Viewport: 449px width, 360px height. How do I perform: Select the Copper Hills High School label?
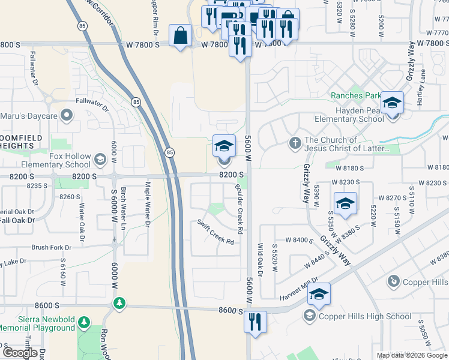pos(365,316)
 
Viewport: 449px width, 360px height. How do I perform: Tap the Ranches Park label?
pos(356,96)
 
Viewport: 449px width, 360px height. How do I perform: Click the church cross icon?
pos(295,143)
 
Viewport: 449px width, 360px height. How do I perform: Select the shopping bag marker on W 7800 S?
pos(180,35)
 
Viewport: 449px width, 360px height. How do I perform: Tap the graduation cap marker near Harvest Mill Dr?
pos(319,294)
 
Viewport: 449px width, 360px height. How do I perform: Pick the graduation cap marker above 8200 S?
pos(224,146)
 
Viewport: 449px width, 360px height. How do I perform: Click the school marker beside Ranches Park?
pos(392,103)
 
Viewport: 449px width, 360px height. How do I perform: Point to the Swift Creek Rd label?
pos(215,232)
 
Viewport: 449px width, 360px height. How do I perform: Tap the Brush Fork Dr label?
pos(51,247)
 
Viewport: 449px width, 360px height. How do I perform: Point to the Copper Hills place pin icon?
pos(394,281)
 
